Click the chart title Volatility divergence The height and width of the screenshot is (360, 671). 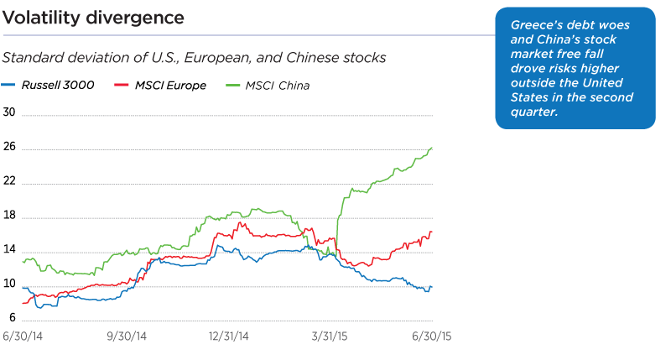(93, 18)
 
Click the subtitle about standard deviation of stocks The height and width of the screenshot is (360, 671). (194, 58)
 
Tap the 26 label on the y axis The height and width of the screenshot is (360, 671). (10, 149)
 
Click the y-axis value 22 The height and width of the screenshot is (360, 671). (10, 183)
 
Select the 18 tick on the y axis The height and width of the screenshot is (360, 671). (10, 217)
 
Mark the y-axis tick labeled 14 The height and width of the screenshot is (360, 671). (10, 252)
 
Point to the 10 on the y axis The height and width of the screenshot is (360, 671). (10, 286)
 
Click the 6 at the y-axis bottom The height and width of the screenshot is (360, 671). (13, 319)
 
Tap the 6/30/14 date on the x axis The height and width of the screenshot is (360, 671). (23, 337)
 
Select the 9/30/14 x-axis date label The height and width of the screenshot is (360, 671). (127, 337)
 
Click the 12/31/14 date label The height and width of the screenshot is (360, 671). (228, 337)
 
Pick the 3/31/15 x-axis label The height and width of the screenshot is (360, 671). (330, 337)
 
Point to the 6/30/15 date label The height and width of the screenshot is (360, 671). (431, 337)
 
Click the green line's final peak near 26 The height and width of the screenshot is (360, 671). (431, 148)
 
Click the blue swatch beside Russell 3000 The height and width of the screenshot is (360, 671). (9, 85)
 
